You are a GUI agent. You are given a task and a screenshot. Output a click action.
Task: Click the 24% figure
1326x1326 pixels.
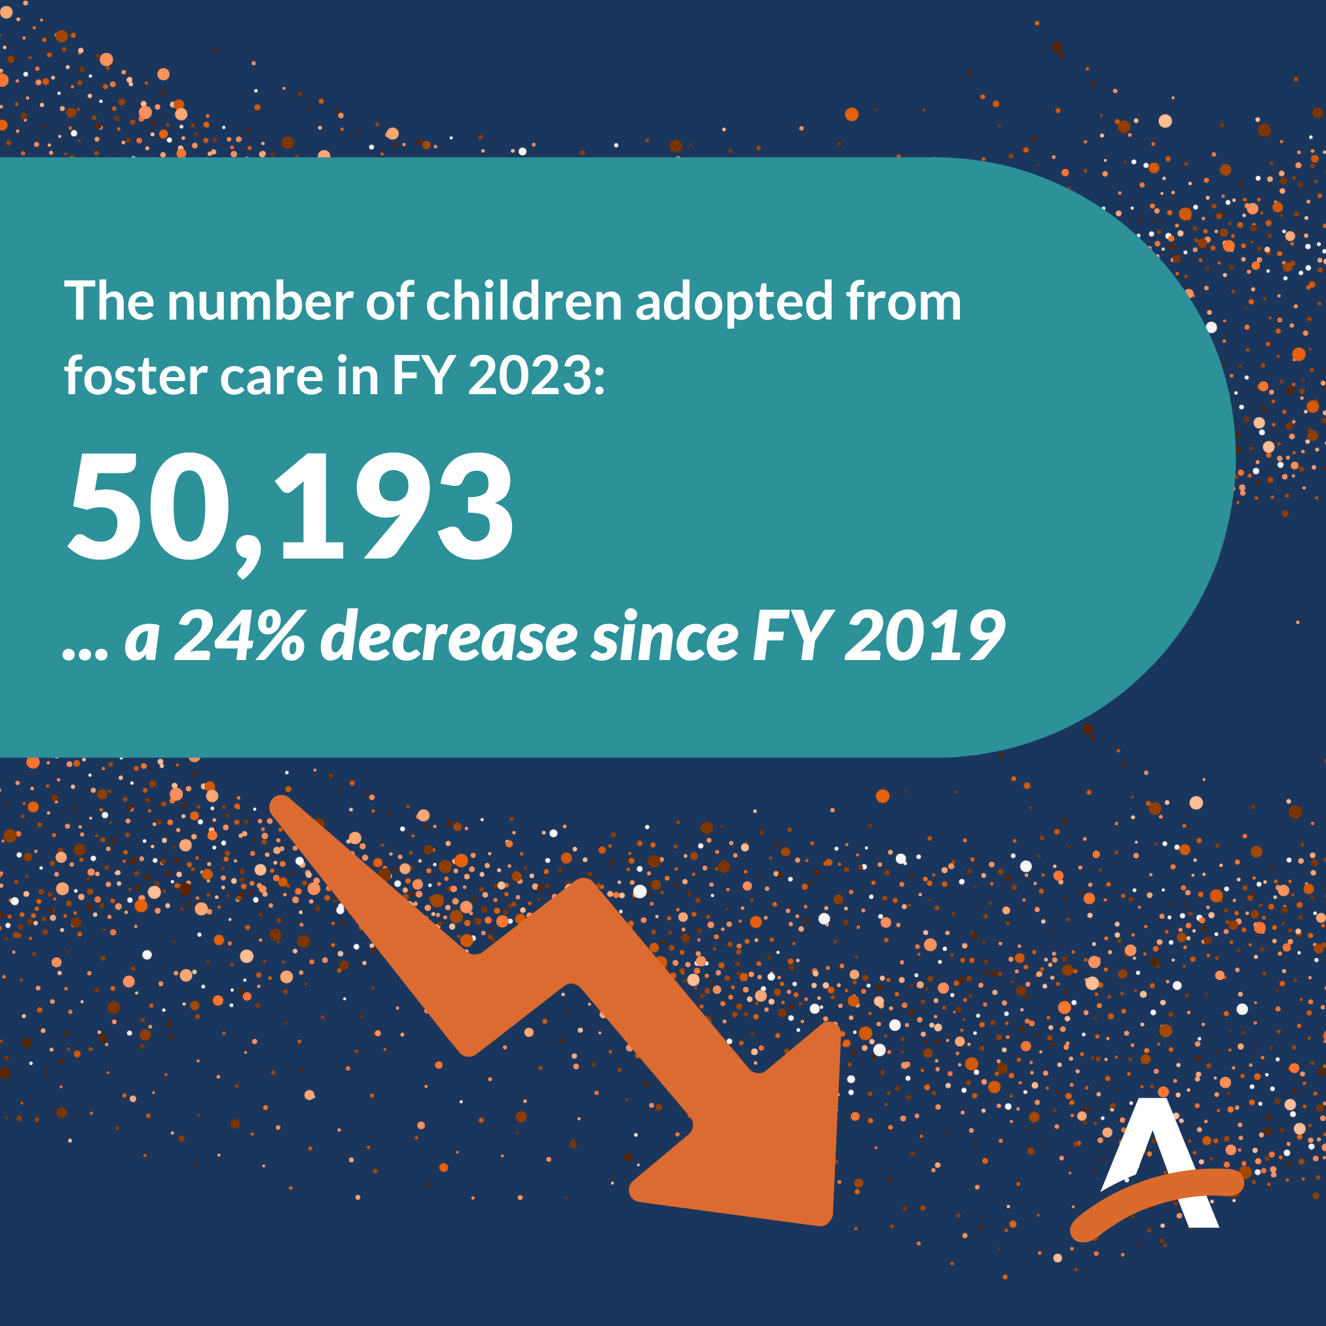pyautogui.click(x=240, y=636)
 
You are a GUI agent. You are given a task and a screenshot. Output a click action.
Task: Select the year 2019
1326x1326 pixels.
pyautogui.click(x=925, y=636)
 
